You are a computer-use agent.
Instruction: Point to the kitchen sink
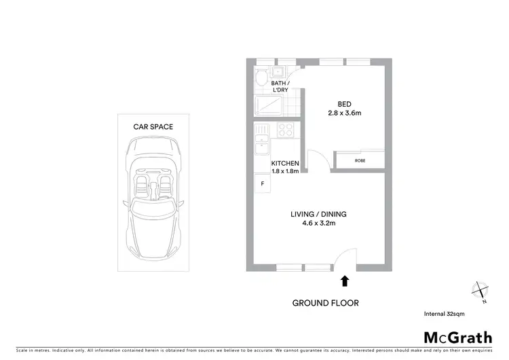point(261,143)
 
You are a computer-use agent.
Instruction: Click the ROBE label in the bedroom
point(360,161)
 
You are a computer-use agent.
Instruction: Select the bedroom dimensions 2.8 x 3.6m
point(345,113)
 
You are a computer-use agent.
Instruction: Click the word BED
point(345,103)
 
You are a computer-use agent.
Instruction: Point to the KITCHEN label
point(285,164)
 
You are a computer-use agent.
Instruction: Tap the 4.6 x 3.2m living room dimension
point(314,223)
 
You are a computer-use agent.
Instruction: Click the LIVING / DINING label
point(314,214)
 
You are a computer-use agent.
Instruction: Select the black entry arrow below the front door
point(345,280)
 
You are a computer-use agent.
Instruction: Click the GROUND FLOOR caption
point(325,303)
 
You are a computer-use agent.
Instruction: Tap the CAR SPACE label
point(153,126)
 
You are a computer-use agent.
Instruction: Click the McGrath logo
point(457,338)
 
